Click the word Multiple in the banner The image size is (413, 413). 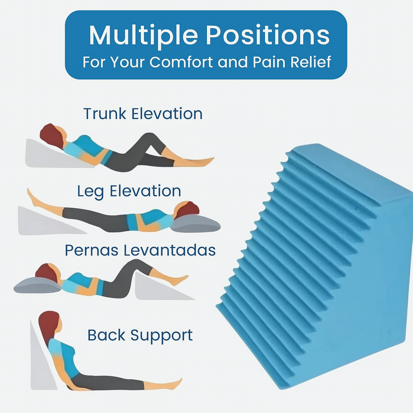[143, 36]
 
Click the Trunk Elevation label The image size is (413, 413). [143, 114]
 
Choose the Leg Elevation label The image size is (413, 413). [129, 191]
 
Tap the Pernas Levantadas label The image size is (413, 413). [140, 250]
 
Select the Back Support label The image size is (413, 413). [140, 335]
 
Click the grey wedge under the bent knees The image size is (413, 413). [155, 289]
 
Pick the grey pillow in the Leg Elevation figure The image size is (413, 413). [196, 224]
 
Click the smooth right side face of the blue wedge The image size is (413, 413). [363, 282]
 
